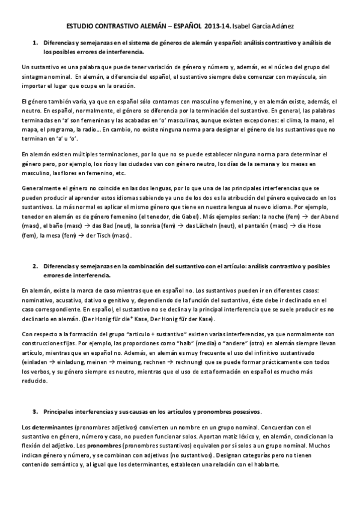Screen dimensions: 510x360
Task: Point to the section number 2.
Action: (x=35, y=265)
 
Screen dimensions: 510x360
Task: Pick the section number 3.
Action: (x=35, y=411)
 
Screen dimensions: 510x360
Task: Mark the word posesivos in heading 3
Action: (x=243, y=411)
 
